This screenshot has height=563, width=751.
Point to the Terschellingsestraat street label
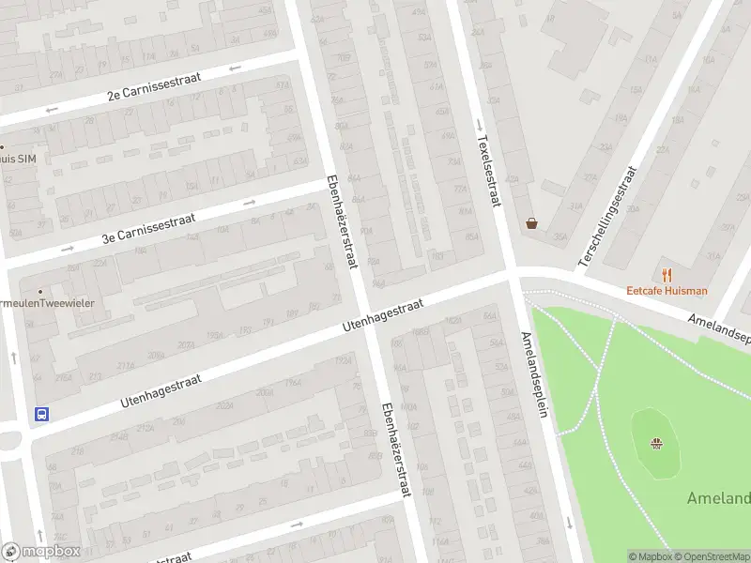point(608,217)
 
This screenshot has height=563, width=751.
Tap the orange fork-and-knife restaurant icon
point(667,275)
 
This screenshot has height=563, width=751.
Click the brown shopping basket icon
point(533,223)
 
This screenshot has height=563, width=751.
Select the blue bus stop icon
point(41,413)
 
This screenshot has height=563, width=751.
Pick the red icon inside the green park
point(659,443)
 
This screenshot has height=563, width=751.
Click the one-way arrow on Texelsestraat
point(479,125)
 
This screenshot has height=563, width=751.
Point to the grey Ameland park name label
point(718,497)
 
